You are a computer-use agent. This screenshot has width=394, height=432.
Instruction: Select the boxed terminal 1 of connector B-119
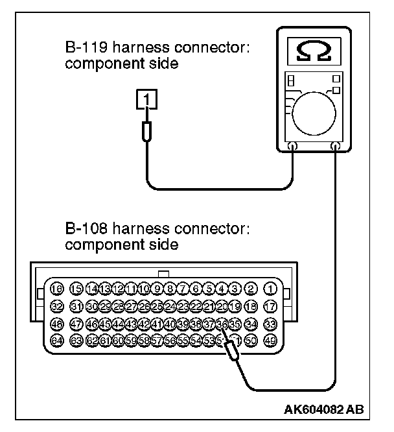click(x=146, y=99)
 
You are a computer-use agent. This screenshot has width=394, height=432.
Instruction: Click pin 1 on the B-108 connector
click(x=270, y=289)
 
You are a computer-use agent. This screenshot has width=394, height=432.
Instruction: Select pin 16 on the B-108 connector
click(x=57, y=289)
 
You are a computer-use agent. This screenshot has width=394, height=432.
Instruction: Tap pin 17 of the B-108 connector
click(x=270, y=306)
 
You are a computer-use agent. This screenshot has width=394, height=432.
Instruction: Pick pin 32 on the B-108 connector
click(x=57, y=306)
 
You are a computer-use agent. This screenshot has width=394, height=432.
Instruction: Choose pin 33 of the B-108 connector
click(x=270, y=323)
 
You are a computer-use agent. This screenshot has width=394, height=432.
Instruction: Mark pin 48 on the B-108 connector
click(x=57, y=323)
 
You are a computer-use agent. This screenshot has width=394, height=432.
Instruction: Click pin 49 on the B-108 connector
click(x=270, y=340)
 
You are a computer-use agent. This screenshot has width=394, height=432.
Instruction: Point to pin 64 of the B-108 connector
click(x=57, y=340)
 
